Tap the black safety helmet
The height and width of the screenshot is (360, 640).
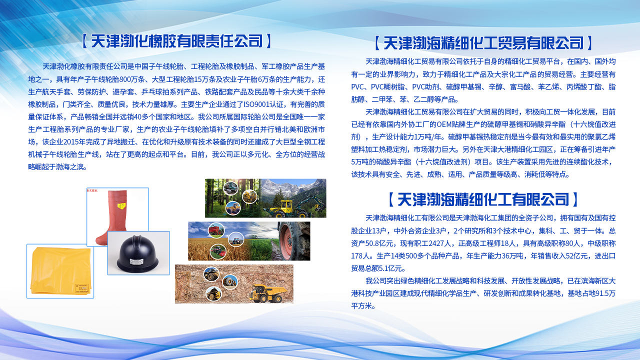(137, 254)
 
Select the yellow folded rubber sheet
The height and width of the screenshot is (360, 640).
(60, 270)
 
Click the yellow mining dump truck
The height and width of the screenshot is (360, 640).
(268, 293)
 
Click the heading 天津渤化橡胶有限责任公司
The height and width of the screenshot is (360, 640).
(177, 41)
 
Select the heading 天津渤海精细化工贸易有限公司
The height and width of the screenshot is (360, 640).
(483, 43)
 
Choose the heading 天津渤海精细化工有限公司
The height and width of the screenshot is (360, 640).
(483, 199)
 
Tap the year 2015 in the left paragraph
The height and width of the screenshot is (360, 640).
(71, 142)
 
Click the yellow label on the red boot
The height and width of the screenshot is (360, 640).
(121, 205)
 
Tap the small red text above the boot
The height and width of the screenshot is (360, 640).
(92, 190)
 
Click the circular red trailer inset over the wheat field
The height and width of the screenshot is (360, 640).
(216, 230)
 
